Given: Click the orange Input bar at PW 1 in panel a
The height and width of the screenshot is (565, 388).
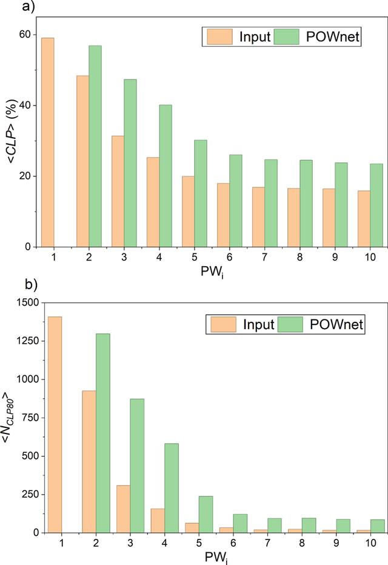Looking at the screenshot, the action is coord(47,142).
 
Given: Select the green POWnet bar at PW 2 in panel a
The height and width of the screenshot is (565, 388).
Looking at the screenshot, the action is coord(95,146).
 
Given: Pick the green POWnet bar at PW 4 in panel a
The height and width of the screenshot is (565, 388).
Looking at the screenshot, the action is coord(166,176).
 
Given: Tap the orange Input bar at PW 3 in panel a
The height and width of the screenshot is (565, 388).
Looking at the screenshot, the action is coord(118,192).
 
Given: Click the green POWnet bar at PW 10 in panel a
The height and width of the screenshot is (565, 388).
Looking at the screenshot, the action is coord(376,206).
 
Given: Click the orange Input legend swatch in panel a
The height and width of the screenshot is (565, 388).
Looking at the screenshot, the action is coord(219,37).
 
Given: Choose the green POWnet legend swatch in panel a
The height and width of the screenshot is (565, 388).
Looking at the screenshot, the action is coord(286,37).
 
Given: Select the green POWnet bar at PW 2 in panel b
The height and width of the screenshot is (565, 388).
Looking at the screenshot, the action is coord(102,433).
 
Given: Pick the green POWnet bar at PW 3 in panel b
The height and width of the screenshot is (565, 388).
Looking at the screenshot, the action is coord(137,466).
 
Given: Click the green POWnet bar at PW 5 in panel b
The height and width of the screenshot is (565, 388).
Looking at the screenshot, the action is coord(206,514).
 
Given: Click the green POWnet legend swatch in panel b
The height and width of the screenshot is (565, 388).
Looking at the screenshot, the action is coord(290,324).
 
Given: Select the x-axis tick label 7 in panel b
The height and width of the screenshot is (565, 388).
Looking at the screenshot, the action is coord(267,543).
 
